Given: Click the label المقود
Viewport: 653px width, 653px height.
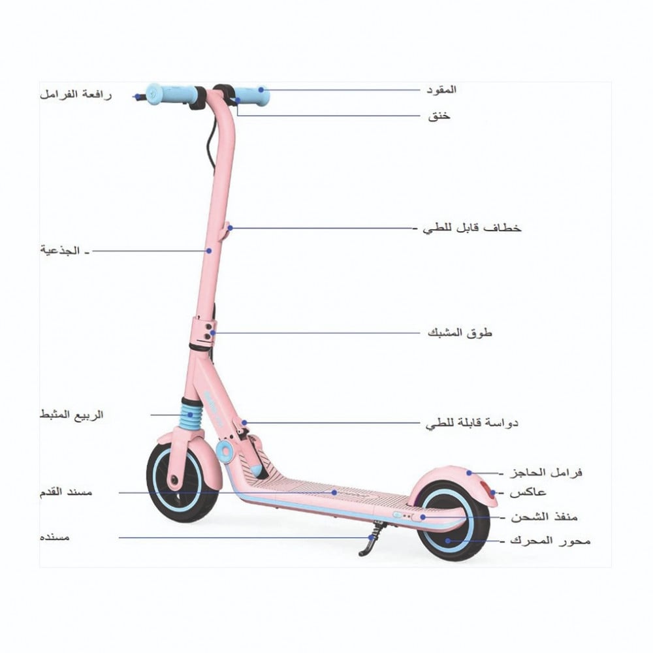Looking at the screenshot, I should pos(441,89).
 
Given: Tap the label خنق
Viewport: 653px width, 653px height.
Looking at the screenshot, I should pos(438,117).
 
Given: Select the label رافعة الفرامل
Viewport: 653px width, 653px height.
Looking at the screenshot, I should pos(76,94).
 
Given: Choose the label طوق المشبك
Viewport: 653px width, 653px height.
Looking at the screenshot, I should pos(460,332).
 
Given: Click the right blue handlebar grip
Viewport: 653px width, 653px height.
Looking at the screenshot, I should pos(253,95).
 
